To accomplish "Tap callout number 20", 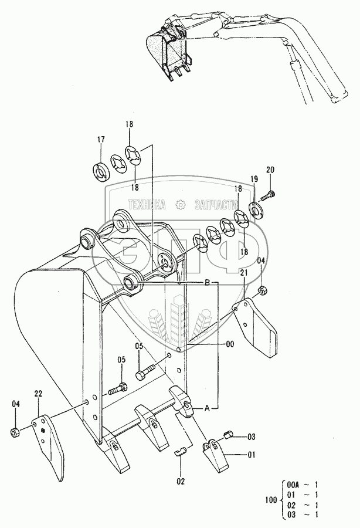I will tap(270, 170).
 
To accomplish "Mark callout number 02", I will tap(181, 481).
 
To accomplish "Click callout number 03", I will tap(251, 436).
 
